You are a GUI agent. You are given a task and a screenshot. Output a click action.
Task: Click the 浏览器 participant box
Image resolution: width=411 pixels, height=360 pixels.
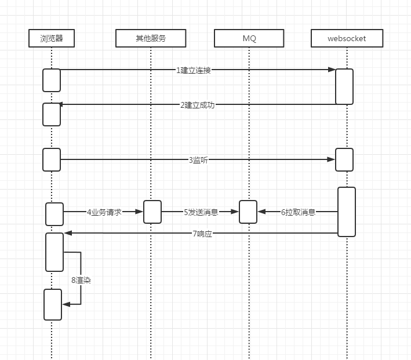[52, 38]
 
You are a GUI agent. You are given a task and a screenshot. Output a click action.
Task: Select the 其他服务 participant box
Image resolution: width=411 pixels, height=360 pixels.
[151, 38]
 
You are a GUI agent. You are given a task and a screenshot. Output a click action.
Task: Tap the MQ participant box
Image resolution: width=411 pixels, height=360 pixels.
[249, 38]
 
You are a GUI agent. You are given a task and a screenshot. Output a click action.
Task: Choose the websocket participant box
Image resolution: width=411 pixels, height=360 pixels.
[347, 38]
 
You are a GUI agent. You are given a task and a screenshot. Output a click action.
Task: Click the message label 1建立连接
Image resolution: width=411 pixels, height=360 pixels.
[194, 70]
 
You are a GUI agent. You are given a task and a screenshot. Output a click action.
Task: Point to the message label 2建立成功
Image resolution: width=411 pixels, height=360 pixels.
[197, 105]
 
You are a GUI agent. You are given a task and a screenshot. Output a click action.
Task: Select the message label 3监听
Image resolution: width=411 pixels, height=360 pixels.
[198, 160]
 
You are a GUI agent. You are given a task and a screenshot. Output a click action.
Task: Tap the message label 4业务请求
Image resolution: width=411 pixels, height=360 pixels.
[104, 212]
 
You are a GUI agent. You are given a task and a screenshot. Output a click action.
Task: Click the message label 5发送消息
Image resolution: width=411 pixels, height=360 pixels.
[201, 212]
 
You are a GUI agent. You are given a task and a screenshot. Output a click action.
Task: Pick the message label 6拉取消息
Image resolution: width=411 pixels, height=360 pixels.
[299, 212]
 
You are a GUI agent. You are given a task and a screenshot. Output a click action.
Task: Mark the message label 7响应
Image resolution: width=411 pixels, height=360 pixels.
[202, 234]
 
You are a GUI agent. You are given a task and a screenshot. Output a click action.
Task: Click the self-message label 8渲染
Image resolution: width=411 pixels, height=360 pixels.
[82, 280]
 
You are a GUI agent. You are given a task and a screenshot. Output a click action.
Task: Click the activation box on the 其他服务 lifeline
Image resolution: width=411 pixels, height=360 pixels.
[152, 212]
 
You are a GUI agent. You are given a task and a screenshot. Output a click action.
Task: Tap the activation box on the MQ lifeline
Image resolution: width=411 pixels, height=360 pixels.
[248, 212]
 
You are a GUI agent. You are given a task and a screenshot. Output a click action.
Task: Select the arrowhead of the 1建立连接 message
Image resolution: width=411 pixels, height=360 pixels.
[332, 70]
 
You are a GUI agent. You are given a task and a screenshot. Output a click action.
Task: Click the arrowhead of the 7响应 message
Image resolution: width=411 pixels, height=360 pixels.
[68, 233]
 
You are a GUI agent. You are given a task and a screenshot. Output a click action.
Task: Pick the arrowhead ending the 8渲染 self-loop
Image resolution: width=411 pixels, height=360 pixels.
[66, 304]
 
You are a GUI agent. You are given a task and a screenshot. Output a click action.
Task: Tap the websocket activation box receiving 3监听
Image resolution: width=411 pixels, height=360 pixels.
[344, 159]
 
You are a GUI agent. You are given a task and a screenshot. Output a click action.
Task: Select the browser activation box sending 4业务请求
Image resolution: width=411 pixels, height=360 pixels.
[54, 214]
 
